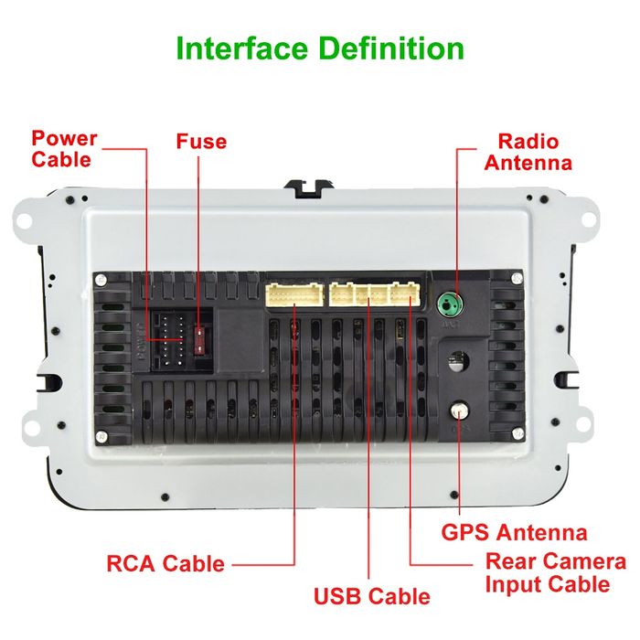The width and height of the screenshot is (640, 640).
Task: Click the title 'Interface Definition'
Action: pyautogui.click(x=319, y=48)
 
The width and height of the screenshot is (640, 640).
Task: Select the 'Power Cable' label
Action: pyautogui.click(x=63, y=149)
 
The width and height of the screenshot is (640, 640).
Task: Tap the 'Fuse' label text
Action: pyautogui.click(x=201, y=142)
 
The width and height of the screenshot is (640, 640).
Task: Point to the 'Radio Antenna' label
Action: pyautogui.click(x=528, y=152)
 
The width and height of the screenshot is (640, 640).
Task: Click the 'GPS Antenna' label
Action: pyautogui.click(x=514, y=532)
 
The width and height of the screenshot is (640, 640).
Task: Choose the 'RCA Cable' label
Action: pyautogui.click(x=165, y=563)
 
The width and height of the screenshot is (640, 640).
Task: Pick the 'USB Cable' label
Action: pyautogui.click(x=371, y=596)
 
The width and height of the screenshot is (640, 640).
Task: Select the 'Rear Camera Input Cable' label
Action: pyautogui.click(x=555, y=573)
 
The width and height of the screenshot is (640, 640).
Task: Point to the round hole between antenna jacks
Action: pyautogui.click(x=455, y=358)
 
